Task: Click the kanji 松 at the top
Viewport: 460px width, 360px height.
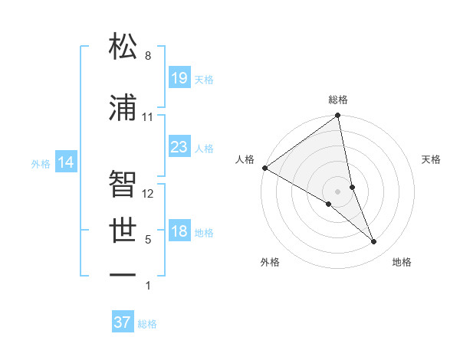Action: point(123,47)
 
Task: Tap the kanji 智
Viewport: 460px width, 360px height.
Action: point(123,184)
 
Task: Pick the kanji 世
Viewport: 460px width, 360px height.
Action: point(123,230)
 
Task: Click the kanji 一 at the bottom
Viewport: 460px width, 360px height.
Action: point(123,274)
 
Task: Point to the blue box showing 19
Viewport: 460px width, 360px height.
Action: point(179,77)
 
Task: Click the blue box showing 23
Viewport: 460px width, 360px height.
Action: point(179,146)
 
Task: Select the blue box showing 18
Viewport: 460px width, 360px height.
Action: point(179,231)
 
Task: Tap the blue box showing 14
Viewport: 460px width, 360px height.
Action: point(66,162)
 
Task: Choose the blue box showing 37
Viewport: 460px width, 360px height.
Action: point(123,322)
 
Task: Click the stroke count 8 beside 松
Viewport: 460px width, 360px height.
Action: point(148,56)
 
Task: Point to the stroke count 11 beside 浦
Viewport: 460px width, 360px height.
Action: point(148,117)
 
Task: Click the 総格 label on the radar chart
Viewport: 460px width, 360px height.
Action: point(338,100)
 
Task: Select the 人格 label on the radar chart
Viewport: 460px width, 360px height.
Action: point(245,159)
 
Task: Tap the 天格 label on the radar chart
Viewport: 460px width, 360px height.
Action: point(431,159)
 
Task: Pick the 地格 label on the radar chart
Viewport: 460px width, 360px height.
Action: point(402,262)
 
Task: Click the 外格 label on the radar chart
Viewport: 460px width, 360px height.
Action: point(270,262)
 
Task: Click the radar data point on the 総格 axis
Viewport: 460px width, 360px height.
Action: point(338,116)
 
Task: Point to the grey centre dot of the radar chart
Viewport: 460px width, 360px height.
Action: point(337,190)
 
